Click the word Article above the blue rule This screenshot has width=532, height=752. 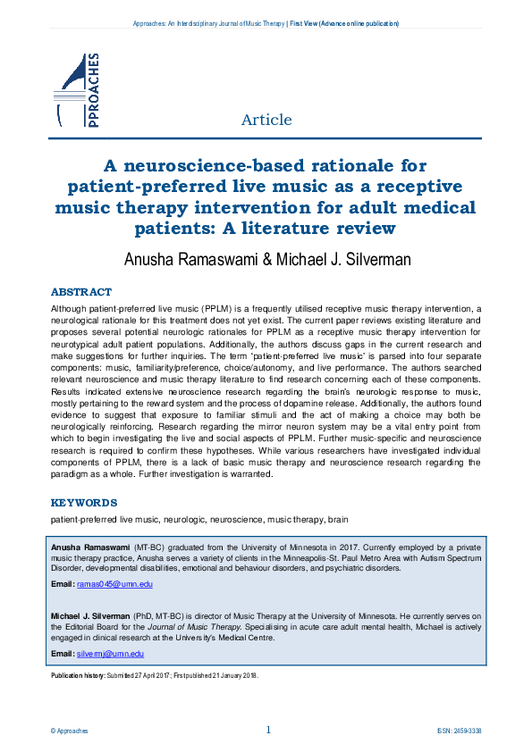pos(266,120)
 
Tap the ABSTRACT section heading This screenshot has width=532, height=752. pos(81,292)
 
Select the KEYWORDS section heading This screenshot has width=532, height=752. pos(84,503)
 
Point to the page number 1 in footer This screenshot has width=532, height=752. pos(268,730)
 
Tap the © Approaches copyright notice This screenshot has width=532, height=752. pos(70,731)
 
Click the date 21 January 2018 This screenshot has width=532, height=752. pos(229,676)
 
